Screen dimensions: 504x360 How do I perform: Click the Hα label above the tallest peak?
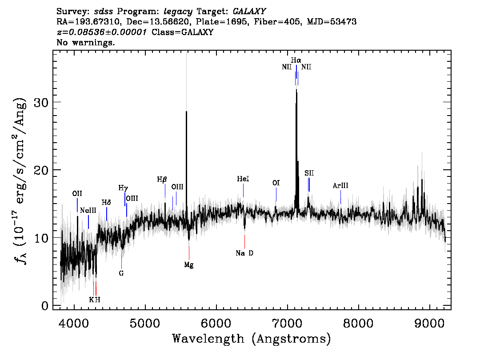[x=296, y=60]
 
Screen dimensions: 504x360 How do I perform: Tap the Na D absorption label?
[x=244, y=253]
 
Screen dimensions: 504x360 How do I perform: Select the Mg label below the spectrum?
[x=189, y=265]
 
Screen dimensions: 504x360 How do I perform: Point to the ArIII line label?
[x=340, y=185]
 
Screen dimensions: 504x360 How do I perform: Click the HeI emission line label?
[x=243, y=179]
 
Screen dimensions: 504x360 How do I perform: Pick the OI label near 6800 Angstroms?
[x=276, y=183]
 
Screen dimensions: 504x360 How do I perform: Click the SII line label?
[x=309, y=173]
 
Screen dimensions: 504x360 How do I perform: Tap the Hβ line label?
[x=162, y=180]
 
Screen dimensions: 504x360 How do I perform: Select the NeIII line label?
[x=88, y=211]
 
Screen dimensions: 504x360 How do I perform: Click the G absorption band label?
[x=121, y=273]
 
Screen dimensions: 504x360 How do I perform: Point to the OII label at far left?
[x=77, y=193]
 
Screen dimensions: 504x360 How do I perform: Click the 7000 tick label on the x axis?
[x=287, y=323]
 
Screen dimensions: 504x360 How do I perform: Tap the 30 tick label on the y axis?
[x=41, y=102]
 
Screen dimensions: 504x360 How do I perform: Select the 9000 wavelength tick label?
[x=429, y=323]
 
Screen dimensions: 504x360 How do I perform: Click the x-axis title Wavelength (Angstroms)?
[x=252, y=339]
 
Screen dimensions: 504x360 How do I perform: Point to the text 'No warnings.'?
[x=85, y=42]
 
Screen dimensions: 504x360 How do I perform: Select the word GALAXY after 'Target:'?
[x=249, y=12]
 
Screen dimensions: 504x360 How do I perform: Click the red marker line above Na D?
[x=244, y=241]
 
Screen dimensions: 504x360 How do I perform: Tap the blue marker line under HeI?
[x=243, y=190]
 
